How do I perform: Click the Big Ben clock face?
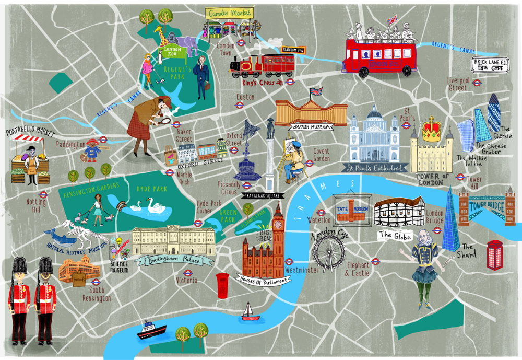278,225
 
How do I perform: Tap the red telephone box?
494,255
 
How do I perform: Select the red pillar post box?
223,285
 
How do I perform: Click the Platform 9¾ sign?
293,50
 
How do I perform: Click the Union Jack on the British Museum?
316,92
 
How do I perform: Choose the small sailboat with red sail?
250,311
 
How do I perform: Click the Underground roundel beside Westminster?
289,262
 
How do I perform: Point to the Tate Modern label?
352,208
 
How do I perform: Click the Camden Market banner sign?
229,13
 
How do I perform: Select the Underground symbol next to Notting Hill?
44,195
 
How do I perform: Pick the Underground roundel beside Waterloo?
321,212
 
